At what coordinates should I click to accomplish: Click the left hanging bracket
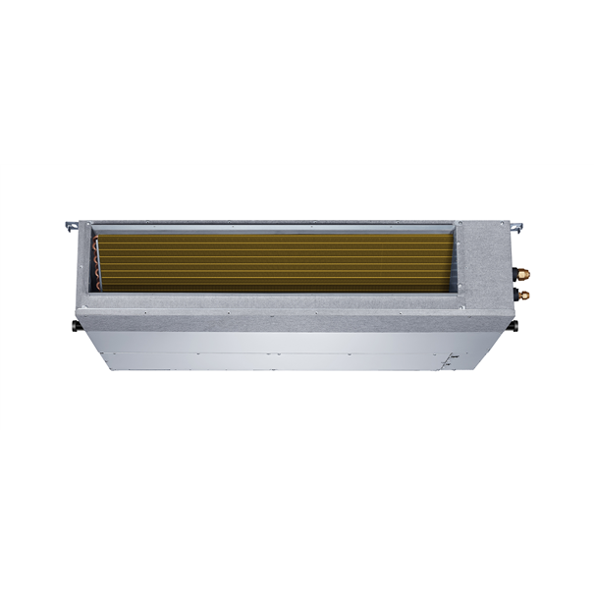tap(71, 227)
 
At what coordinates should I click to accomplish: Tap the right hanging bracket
tap(518, 228)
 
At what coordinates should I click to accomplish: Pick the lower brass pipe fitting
tap(524, 294)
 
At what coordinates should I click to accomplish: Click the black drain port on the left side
tap(76, 322)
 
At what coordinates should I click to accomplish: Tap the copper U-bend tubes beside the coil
tap(98, 260)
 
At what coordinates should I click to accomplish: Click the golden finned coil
tap(275, 261)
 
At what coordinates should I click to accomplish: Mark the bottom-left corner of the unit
tap(110, 371)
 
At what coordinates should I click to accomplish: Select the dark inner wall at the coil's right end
tap(455, 260)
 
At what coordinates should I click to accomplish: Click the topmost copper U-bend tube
tap(97, 242)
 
